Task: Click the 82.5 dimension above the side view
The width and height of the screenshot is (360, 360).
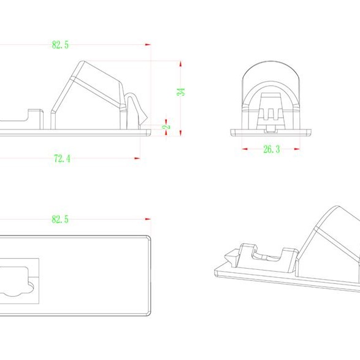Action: coord(60,45)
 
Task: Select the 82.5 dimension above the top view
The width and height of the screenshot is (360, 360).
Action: coord(60,219)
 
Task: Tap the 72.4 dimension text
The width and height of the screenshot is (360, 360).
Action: coord(62,158)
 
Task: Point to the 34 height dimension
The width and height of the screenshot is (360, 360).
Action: coord(181,92)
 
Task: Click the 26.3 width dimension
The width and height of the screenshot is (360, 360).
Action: coord(272,149)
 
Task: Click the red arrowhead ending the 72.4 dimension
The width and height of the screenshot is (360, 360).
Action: coord(137,158)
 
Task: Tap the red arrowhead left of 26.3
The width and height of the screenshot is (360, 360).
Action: coord(245,149)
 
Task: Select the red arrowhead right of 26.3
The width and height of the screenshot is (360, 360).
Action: coord(297,149)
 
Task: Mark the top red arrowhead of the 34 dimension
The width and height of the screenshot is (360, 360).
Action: coord(181,64)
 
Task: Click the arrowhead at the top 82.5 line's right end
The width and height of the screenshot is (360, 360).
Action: coord(148,45)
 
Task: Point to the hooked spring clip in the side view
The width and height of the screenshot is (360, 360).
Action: coord(136,109)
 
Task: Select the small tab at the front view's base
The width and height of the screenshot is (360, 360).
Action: coord(271,130)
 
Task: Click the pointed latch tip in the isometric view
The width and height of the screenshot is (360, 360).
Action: coord(226,257)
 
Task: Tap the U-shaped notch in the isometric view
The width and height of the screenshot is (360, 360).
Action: coord(267,255)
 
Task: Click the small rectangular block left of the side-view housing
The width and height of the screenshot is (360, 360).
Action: coord(36,119)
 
